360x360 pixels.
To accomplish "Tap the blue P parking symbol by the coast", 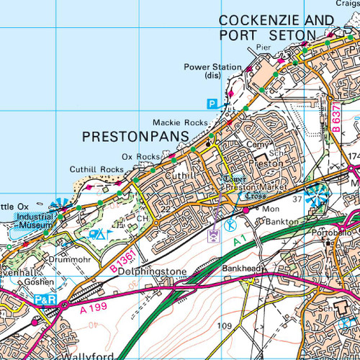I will (x=212, y=104).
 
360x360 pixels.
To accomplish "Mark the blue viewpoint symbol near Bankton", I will (x=315, y=193).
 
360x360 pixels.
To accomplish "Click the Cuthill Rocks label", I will (x=96, y=169).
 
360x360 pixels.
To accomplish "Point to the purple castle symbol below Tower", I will (x=214, y=235).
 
